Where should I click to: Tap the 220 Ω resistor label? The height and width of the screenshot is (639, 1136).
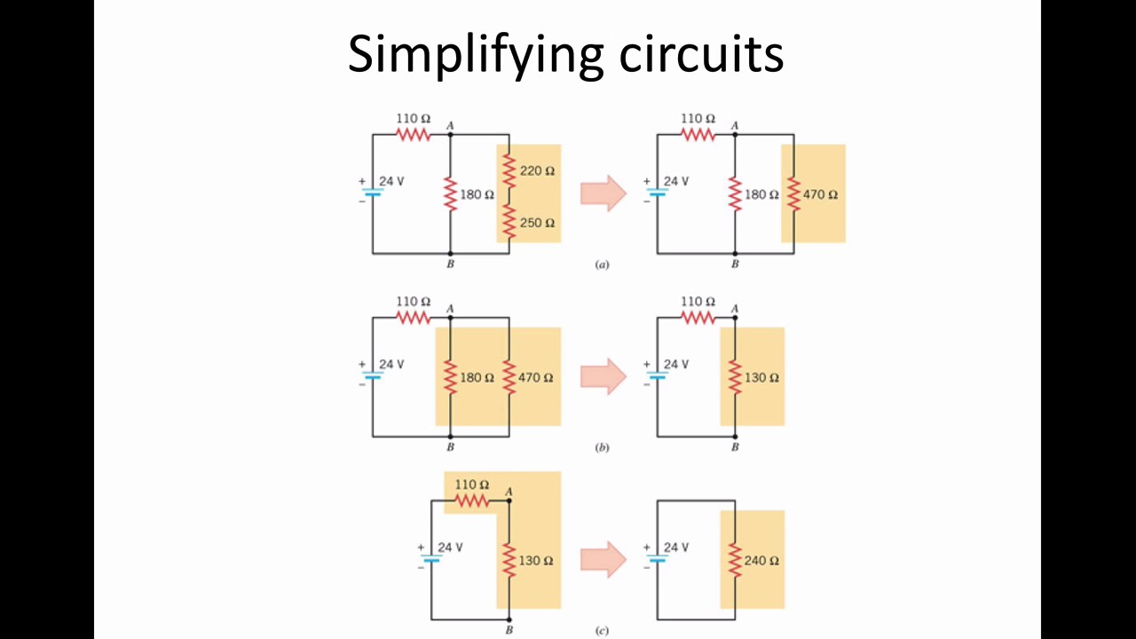click(x=537, y=170)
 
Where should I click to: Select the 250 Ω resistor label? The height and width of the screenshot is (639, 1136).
click(x=537, y=223)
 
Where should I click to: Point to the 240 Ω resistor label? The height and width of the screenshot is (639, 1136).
click(x=761, y=561)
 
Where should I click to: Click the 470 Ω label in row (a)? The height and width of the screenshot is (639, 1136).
click(x=820, y=194)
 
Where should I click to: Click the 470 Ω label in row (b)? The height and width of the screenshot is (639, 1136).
click(x=535, y=377)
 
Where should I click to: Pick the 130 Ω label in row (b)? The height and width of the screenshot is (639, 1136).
click(x=761, y=377)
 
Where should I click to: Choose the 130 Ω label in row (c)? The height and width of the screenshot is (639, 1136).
click(x=535, y=561)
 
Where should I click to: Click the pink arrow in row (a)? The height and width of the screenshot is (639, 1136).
click(x=603, y=193)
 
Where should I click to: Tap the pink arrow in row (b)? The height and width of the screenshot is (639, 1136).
click(x=603, y=376)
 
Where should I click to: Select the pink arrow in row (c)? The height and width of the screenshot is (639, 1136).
click(x=603, y=560)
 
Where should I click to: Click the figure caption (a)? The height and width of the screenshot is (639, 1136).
click(x=602, y=264)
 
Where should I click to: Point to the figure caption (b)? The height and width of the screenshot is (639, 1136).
click(x=602, y=448)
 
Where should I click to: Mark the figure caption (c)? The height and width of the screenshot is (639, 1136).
click(x=602, y=631)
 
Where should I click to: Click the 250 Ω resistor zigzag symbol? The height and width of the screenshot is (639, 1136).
click(x=509, y=221)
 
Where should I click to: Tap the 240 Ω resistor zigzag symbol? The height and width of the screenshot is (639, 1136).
click(x=735, y=561)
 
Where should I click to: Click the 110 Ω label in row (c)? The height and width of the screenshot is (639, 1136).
click(x=471, y=485)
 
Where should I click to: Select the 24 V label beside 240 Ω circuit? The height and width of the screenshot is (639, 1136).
click(x=675, y=547)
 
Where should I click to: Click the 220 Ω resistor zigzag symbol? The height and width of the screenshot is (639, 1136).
click(x=509, y=169)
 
